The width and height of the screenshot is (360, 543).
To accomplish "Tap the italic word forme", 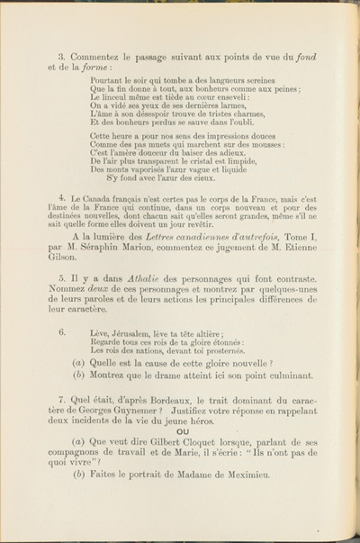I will pos(93,68).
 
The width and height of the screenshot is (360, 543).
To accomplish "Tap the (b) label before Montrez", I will pos(78,376).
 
